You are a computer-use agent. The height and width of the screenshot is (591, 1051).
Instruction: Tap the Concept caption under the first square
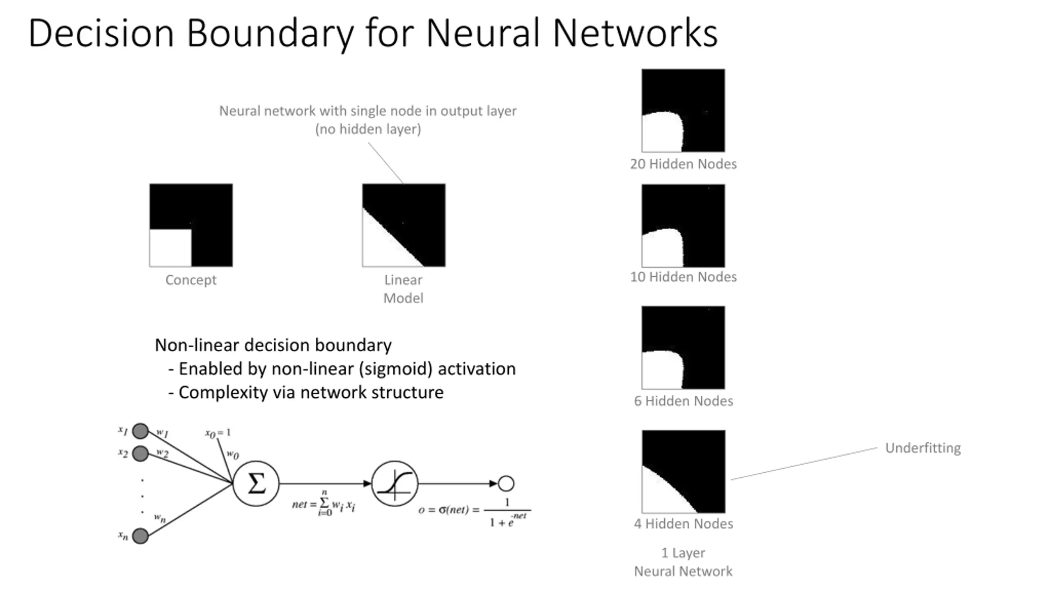(x=191, y=280)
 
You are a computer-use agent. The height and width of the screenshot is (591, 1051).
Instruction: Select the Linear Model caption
(x=403, y=289)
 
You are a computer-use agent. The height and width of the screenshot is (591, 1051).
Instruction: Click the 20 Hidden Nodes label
(x=683, y=164)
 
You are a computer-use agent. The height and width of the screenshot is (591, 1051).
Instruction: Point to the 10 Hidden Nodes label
(x=683, y=277)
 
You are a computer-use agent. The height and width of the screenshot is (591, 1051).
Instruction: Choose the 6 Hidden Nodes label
(x=683, y=401)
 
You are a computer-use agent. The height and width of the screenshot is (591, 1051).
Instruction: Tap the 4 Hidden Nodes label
(x=683, y=524)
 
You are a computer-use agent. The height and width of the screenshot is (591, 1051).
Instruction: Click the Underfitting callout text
(x=923, y=448)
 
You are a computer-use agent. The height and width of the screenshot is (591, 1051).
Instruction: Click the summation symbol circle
(x=256, y=483)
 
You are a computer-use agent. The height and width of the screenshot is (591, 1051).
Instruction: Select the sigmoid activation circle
(x=395, y=483)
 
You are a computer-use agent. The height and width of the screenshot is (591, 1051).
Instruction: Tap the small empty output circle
(x=506, y=483)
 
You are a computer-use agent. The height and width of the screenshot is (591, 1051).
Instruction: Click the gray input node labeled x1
(x=140, y=431)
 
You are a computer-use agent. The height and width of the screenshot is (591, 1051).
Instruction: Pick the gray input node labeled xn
(x=140, y=536)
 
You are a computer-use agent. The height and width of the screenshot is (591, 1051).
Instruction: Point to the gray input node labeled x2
(x=140, y=454)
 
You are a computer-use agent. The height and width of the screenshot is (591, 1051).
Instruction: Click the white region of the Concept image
(x=170, y=248)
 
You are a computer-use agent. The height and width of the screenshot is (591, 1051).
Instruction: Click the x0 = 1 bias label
(x=218, y=433)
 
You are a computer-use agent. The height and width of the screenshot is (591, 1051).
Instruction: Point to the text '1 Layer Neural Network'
(x=683, y=562)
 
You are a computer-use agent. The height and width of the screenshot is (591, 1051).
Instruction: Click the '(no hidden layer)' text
(x=368, y=129)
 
